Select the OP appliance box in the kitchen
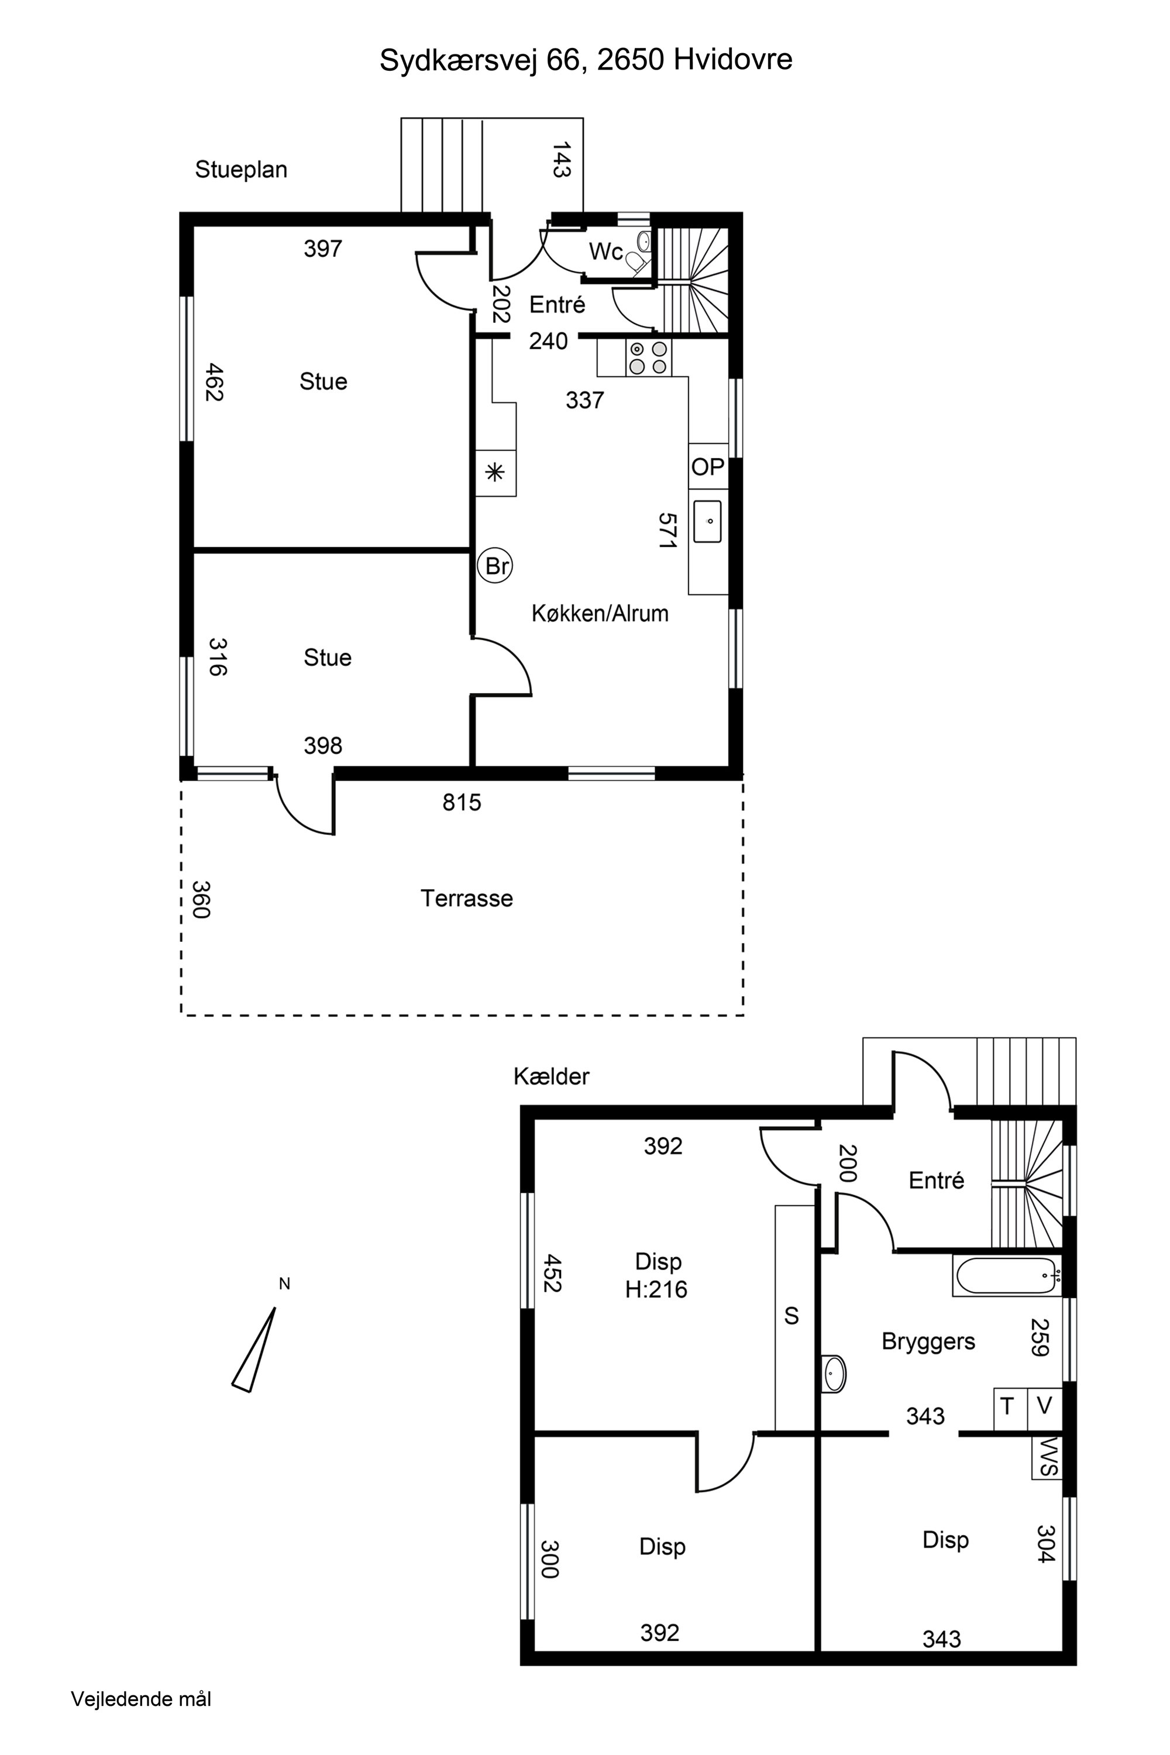pyautogui.click(x=708, y=467)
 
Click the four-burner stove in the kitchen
pyautogui.click(x=648, y=357)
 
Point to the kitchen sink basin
pyautogui.click(x=707, y=522)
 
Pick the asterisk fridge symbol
pyautogui.click(x=495, y=473)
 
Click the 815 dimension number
pyautogui.click(x=462, y=802)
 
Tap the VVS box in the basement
pyautogui.click(x=1047, y=1457)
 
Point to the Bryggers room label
pyautogui.click(x=928, y=1341)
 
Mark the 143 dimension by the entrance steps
pyautogui.click(x=561, y=160)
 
